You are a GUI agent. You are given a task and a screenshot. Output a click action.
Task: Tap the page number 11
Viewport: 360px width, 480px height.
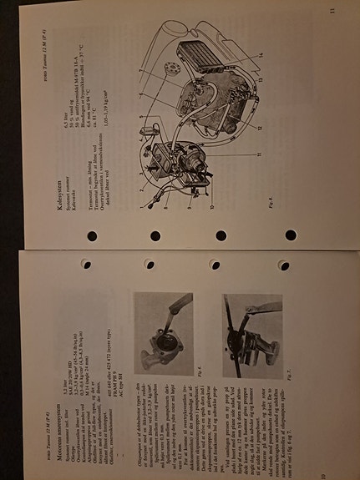tap(332, 10)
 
